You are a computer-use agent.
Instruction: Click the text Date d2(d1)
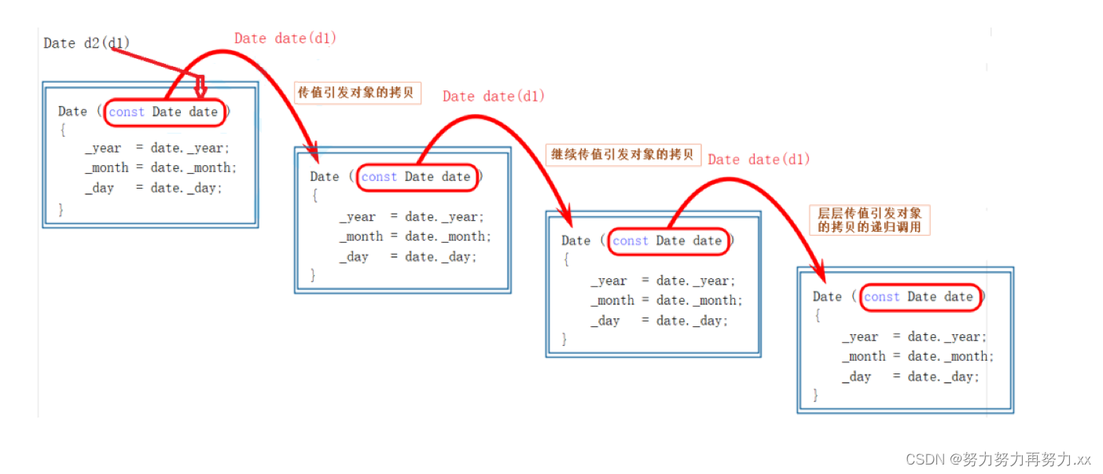tap(86, 43)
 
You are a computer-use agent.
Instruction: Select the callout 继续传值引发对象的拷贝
tap(622, 153)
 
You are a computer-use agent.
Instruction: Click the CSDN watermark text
tap(998, 459)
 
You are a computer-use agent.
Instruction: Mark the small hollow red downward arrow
tap(200, 87)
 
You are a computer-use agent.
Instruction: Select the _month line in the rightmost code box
tap(917, 356)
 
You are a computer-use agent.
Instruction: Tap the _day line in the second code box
tap(408, 256)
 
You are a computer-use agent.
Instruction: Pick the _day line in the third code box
tap(660, 320)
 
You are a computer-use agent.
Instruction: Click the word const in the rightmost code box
tap(881, 296)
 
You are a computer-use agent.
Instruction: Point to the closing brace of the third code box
tap(564, 339)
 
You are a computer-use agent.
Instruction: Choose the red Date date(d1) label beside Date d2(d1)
tap(285, 38)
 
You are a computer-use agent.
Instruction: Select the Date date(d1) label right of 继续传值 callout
tap(758, 160)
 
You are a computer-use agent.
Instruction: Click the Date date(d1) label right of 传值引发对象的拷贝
tap(493, 96)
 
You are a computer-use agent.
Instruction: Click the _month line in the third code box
tap(667, 300)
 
